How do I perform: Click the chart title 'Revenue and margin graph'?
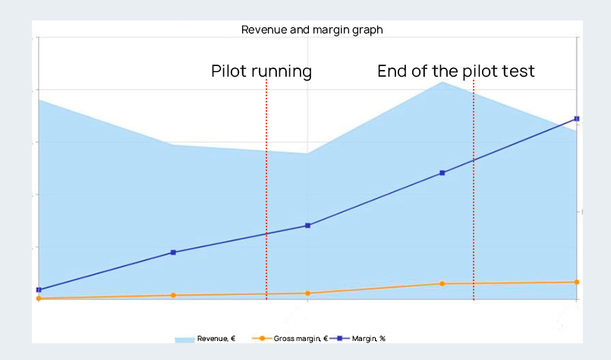pos(311,30)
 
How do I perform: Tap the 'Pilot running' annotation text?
pos(261,71)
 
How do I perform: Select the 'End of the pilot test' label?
pos(455,71)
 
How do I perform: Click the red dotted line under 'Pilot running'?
pos(266,190)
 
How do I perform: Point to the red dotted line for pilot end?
pos(474,190)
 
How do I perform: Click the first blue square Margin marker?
pos(39,290)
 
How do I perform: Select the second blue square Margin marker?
pos(173,252)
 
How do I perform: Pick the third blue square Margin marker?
pos(307,226)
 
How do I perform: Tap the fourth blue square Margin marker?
pos(443,173)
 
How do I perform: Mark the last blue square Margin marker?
pos(577,118)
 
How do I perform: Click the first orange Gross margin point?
pos(39,298)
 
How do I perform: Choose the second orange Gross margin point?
pos(173,295)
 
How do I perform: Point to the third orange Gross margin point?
pos(307,293)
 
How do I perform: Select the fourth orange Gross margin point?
pos(443,284)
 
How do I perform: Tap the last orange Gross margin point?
pos(577,282)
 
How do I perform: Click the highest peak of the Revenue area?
pos(443,83)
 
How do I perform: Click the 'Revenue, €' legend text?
pos(216,339)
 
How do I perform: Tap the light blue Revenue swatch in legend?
pos(184,339)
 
